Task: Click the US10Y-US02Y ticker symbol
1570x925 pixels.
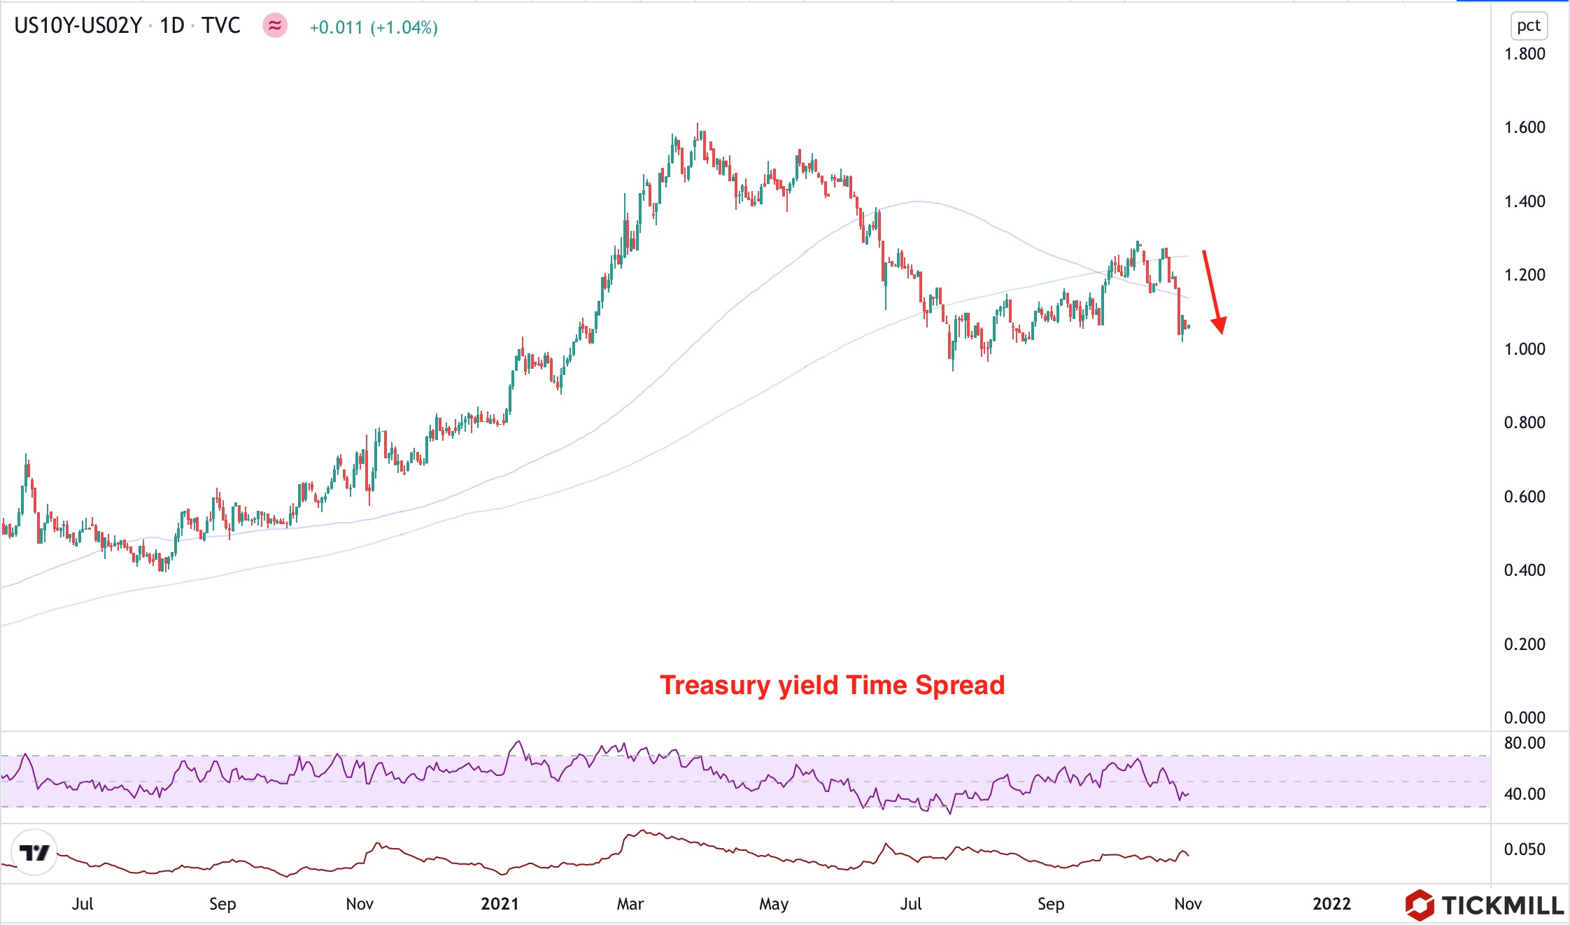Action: point(78,26)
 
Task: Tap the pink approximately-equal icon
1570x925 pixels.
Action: point(275,26)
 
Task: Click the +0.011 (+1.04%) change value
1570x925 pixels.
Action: point(374,27)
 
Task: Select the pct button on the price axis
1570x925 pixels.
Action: point(1528,26)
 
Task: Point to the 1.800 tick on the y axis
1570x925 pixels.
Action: point(1525,54)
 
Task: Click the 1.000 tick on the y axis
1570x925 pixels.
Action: point(1525,348)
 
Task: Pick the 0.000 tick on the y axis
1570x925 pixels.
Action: point(1525,717)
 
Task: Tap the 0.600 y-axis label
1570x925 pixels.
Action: point(1525,496)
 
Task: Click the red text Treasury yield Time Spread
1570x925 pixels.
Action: point(832,685)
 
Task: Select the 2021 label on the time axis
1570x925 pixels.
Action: point(500,903)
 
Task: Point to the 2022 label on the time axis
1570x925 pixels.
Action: point(1331,903)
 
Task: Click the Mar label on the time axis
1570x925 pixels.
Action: point(630,903)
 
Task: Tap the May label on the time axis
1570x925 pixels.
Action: point(774,903)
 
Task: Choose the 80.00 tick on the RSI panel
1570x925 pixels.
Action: point(1525,742)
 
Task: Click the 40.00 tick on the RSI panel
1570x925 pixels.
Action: point(1525,793)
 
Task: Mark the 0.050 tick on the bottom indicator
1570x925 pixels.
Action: point(1525,849)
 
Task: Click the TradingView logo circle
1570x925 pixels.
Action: point(34,852)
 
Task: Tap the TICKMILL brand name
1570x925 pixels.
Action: point(1502,905)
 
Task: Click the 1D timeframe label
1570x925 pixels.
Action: point(171,26)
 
